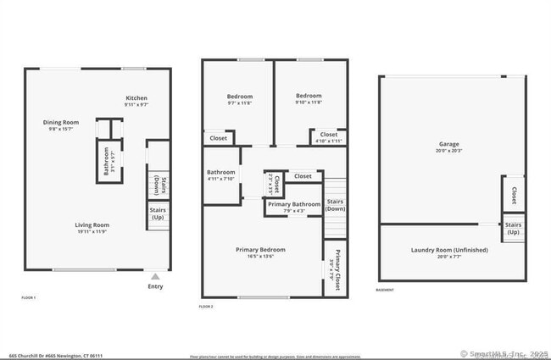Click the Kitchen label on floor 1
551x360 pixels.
(137, 97)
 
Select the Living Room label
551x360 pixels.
(93, 224)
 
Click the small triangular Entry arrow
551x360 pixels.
(154, 276)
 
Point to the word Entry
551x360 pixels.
(155, 286)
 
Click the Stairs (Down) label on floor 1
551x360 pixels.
(158, 184)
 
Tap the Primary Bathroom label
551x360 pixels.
(294, 204)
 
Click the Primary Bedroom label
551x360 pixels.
(261, 250)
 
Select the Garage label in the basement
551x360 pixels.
(448, 144)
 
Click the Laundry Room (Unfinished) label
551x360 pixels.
(442, 249)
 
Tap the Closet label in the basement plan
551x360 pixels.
(514, 196)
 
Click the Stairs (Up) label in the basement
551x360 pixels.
(513, 227)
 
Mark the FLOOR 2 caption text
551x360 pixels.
(206, 306)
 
